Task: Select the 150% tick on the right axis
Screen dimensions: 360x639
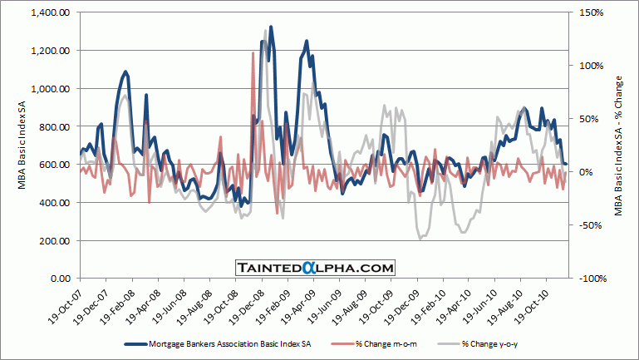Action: click(x=585, y=12)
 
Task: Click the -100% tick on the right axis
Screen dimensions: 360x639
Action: click(x=586, y=279)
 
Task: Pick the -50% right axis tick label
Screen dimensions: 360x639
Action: click(x=584, y=225)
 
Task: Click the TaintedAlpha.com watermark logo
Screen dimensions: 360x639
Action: click(x=313, y=267)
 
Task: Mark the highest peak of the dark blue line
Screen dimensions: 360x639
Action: click(x=271, y=27)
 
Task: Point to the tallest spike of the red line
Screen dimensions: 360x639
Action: click(x=253, y=53)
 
